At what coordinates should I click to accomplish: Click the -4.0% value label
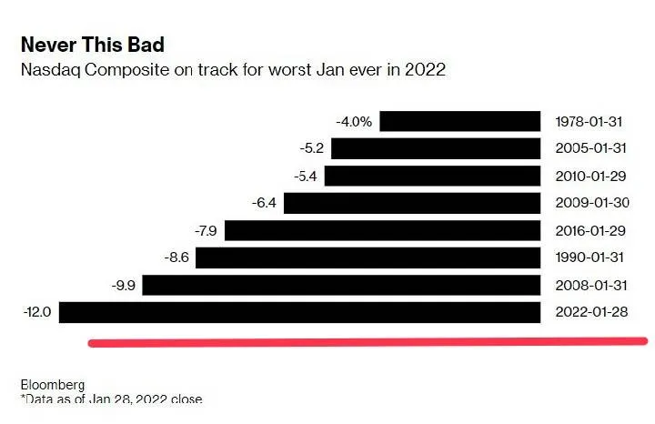354,121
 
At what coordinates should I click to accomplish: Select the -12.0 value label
37,313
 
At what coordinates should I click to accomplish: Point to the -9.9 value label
123,286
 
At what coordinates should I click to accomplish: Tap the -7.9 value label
205,231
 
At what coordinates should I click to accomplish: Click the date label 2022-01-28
592,313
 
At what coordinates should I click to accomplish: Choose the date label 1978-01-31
592,121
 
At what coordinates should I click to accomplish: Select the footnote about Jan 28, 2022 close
111,399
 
